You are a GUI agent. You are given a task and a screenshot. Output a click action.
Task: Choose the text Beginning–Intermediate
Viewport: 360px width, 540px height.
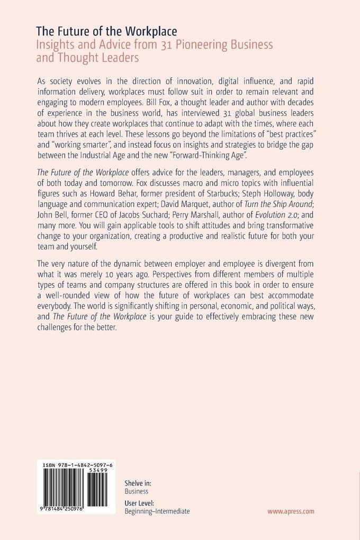(157, 511)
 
